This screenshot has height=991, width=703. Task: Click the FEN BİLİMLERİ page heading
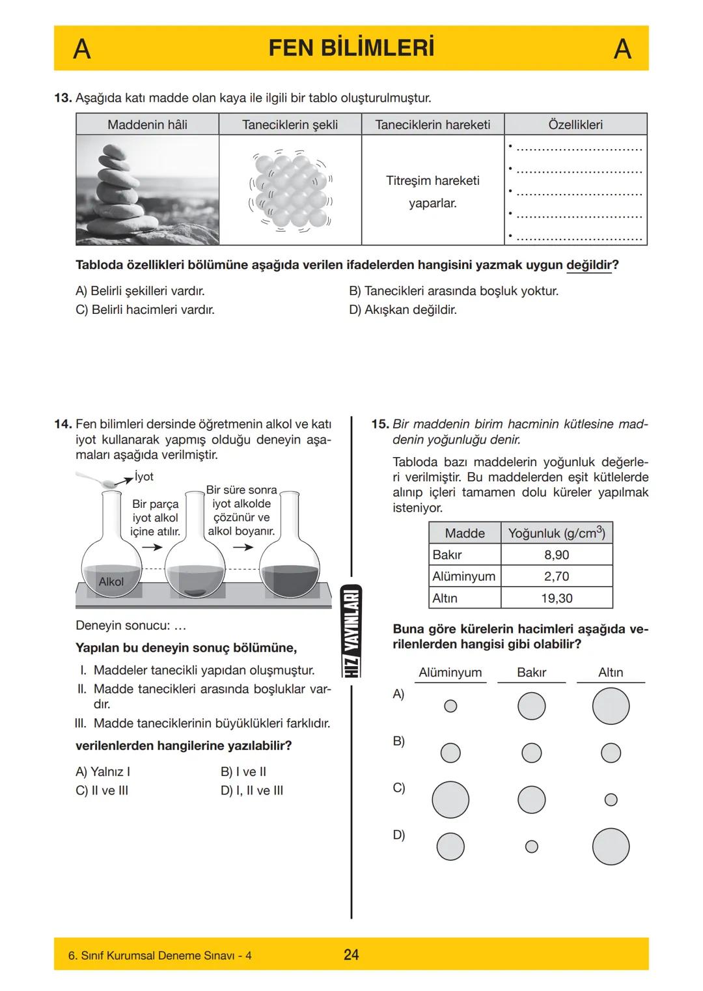[x=351, y=49]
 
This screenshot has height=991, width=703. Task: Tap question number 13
[x=62, y=98]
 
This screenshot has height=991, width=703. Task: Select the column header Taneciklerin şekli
[x=290, y=124]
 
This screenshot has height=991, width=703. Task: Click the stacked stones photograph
[x=147, y=189]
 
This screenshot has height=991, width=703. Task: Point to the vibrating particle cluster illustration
[x=290, y=191]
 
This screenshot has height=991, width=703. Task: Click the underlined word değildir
[x=589, y=266]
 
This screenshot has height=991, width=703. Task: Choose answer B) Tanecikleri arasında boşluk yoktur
[x=454, y=291]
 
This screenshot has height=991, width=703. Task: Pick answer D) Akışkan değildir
[x=403, y=310]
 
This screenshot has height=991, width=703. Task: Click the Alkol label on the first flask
[x=111, y=581]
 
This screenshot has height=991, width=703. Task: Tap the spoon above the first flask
[x=98, y=481]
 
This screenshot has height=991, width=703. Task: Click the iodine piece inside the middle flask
[x=195, y=592]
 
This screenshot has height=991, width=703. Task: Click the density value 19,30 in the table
[x=557, y=598]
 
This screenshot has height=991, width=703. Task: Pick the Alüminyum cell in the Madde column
[x=464, y=576]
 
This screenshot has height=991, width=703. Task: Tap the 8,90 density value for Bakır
[x=557, y=555]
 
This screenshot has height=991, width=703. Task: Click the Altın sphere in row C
[x=611, y=800]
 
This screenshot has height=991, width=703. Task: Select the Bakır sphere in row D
[x=532, y=846]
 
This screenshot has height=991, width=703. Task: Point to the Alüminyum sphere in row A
[x=450, y=706]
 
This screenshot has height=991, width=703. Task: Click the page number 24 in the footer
[x=351, y=955]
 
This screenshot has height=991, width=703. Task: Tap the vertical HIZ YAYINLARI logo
[x=351, y=630]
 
